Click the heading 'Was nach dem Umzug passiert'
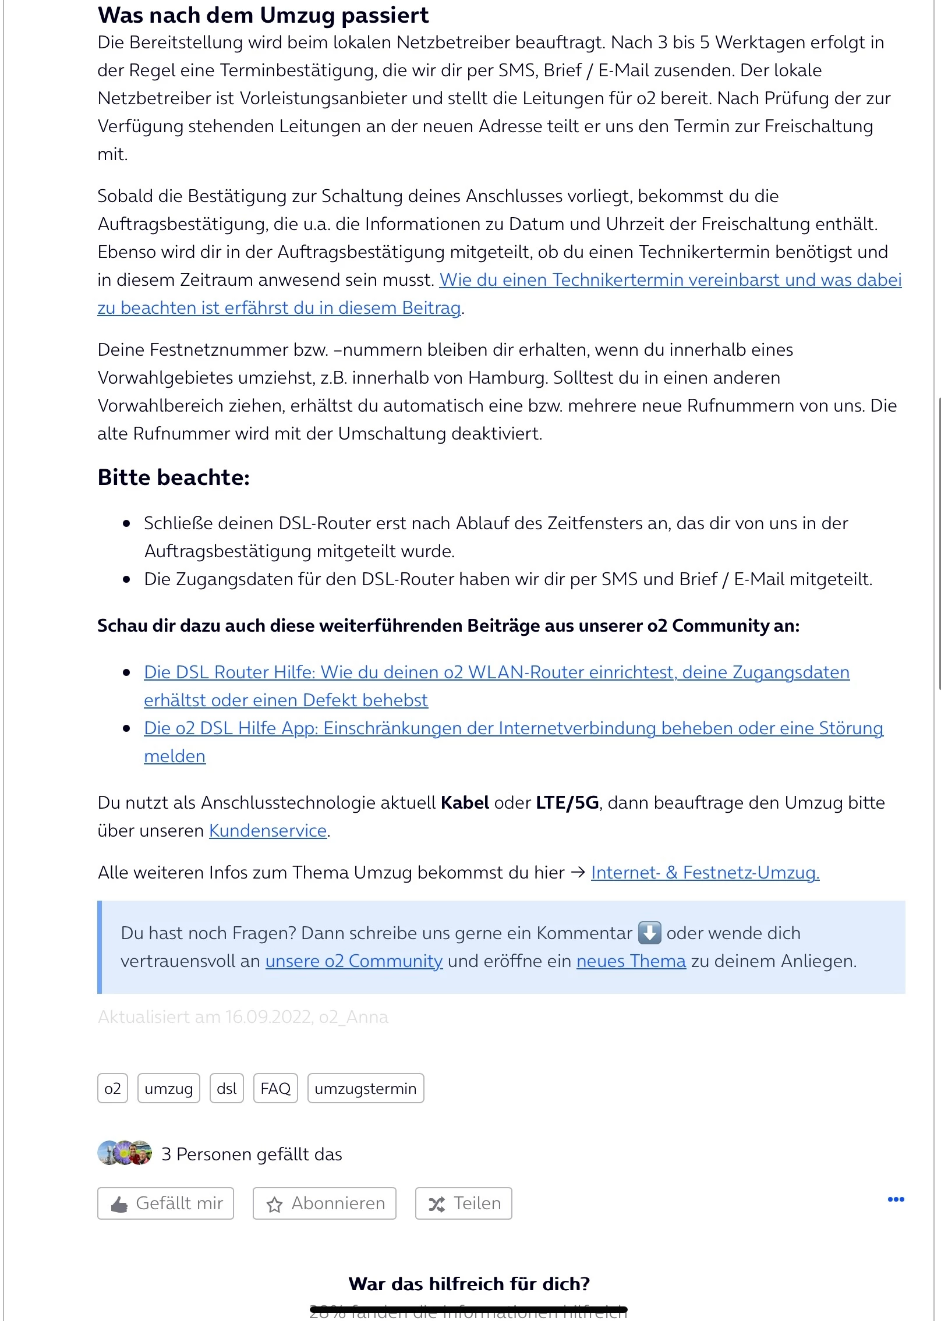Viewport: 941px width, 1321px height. pyautogui.click(x=263, y=15)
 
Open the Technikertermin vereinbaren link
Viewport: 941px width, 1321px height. pyautogui.click(x=670, y=281)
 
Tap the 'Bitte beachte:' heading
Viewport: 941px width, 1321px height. pyautogui.click(x=174, y=477)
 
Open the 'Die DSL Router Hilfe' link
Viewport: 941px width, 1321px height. pyautogui.click(x=496, y=672)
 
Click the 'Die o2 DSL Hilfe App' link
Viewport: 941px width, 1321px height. pyautogui.click(x=513, y=728)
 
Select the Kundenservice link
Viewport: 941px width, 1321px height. pyautogui.click(x=268, y=831)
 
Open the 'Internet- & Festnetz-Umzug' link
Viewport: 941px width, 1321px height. pyautogui.click(x=705, y=873)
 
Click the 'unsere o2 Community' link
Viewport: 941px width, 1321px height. pyautogui.click(x=354, y=961)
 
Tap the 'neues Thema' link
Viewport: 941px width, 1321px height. pyautogui.click(x=631, y=961)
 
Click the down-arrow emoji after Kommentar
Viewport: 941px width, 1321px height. pyautogui.click(x=649, y=933)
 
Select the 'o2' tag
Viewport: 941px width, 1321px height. pyautogui.click(x=112, y=1089)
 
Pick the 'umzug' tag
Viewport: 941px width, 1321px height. pyautogui.click(x=169, y=1089)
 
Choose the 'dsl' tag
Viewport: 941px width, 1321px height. pyautogui.click(x=227, y=1089)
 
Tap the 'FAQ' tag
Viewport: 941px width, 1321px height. pyautogui.click(x=275, y=1089)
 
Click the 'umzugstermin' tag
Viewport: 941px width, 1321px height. pyautogui.click(x=366, y=1089)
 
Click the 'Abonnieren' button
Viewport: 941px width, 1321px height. pyautogui.click(x=324, y=1203)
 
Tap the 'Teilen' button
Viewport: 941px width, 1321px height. pyautogui.click(x=464, y=1203)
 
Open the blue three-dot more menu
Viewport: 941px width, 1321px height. pyautogui.click(x=896, y=1199)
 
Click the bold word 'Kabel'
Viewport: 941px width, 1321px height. pyautogui.click(x=465, y=803)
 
